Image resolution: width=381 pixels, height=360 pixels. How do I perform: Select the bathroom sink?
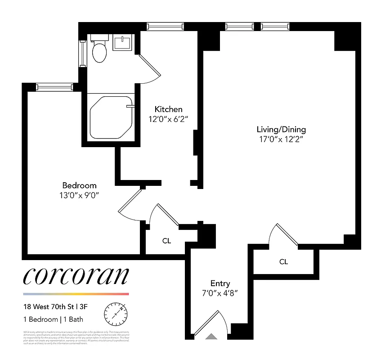(122, 43)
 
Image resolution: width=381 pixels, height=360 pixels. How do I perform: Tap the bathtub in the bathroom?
(111, 118)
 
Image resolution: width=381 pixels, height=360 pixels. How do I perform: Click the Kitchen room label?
(168, 109)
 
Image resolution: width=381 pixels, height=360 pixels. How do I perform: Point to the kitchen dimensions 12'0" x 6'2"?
(168, 119)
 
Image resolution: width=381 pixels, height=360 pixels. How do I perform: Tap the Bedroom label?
(79, 185)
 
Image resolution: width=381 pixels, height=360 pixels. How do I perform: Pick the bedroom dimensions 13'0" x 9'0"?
(79, 195)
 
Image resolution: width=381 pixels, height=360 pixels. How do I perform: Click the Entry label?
(220, 283)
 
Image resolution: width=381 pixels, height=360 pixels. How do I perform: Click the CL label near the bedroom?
(166, 241)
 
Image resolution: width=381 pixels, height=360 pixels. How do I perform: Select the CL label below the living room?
(283, 261)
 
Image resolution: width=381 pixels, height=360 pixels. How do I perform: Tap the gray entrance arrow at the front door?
(211, 336)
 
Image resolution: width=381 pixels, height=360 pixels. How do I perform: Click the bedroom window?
(54, 86)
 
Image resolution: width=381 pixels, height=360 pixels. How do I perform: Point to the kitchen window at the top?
(165, 27)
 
